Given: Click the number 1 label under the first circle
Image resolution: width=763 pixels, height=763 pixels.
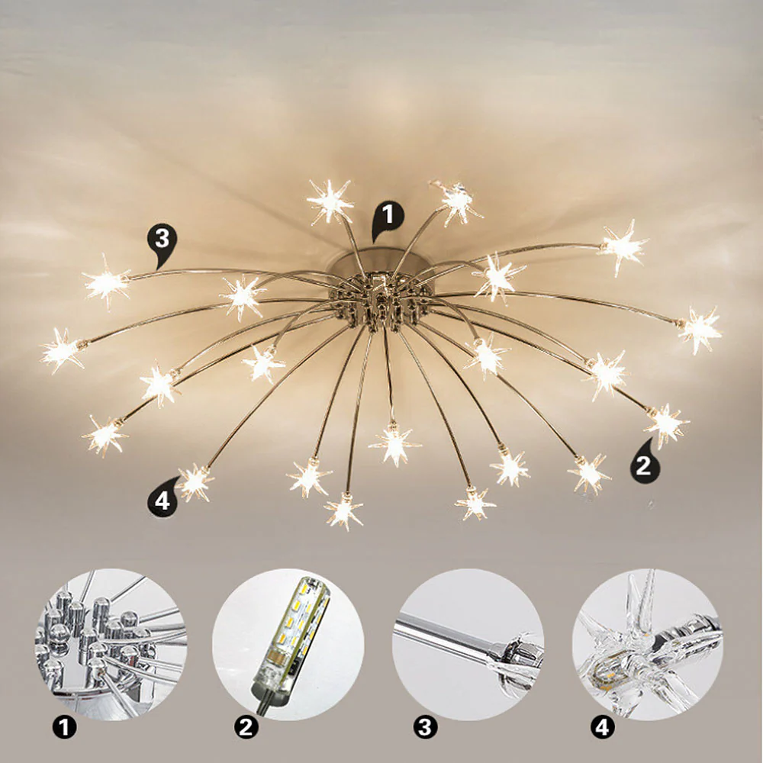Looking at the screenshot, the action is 64,728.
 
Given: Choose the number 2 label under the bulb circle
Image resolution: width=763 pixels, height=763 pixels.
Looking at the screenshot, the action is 246,728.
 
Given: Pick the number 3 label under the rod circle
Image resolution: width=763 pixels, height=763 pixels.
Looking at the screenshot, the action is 425,728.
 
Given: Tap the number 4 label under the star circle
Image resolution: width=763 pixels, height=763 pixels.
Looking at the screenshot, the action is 603,728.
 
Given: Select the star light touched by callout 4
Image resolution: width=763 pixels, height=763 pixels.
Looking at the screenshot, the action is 195,481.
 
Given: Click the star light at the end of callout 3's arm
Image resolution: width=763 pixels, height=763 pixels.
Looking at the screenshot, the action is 106,282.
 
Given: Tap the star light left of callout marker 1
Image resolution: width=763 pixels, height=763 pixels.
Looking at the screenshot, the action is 330,201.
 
